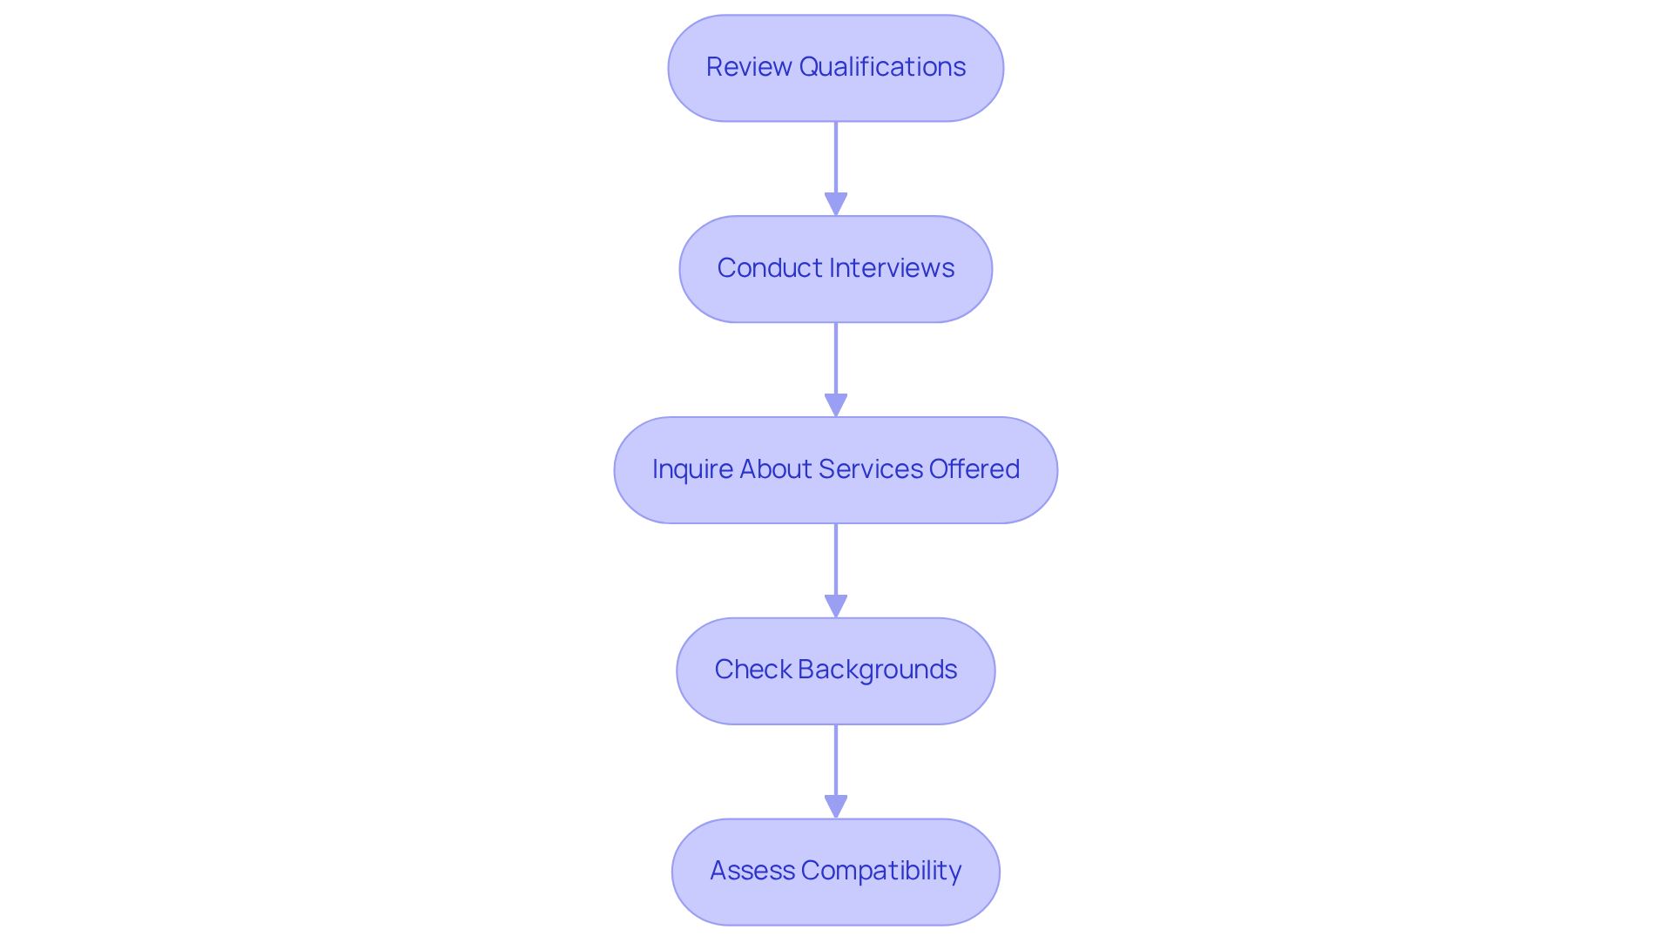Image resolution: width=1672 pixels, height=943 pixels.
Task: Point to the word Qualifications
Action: click(882, 67)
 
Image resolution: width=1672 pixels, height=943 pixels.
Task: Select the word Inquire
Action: click(691, 469)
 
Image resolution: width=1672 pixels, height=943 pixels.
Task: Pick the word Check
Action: click(752, 670)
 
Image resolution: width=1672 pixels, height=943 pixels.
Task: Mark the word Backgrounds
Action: click(877, 670)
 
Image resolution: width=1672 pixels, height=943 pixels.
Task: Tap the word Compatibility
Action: click(881, 871)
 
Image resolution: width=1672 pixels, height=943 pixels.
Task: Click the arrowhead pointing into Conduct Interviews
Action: click(836, 204)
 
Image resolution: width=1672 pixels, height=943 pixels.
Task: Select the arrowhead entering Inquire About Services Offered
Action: click(836, 405)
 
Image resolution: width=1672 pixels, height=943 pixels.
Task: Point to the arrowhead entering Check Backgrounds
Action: click(836, 606)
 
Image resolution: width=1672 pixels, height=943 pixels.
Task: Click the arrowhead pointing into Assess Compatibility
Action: click(836, 806)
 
